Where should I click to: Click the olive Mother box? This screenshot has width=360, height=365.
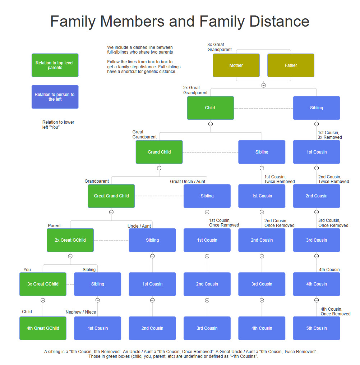point(236,65)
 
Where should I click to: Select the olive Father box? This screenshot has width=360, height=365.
point(291,65)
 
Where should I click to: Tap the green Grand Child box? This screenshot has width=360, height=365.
point(159,152)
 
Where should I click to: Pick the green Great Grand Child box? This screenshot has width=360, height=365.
point(111,196)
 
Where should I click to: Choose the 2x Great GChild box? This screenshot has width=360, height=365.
point(70,240)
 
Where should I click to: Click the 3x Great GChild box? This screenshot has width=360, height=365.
point(43,284)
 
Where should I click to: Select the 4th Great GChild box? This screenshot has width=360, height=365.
point(43,328)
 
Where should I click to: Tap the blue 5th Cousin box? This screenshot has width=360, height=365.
point(317,328)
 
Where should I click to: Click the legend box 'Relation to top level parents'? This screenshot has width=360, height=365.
point(55,65)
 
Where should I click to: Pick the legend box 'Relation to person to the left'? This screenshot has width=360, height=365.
point(55,97)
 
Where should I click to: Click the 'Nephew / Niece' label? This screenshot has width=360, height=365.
point(81,312)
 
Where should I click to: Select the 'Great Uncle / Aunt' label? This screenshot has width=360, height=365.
point(188,182)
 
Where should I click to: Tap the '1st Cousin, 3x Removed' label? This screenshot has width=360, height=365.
point(330,135)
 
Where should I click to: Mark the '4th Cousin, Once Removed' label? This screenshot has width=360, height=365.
point(336,311)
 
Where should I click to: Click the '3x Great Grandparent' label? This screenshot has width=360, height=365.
point(220,47)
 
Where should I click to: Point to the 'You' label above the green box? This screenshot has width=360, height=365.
point(27,270)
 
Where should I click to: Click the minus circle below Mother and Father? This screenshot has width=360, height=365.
point(263,86)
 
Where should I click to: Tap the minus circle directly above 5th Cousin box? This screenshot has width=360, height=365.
point(317,300)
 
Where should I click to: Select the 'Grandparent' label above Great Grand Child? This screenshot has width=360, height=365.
point(96,182)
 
